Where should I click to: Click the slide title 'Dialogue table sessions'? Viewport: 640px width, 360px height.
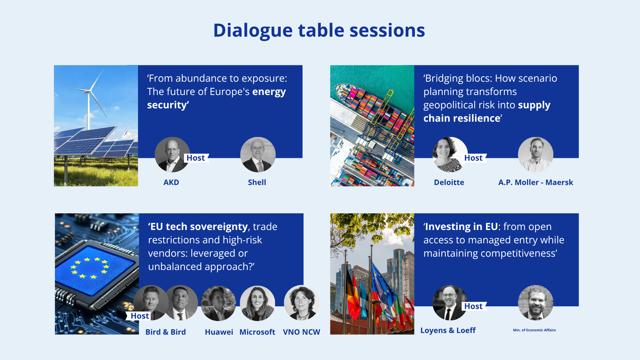(x=319, y=31)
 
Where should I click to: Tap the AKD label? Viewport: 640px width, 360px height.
(x=171, y=182)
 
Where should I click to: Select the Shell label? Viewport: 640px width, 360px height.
(x=257, y=182)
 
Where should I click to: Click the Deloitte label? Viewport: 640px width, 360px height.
(x=449, y=182)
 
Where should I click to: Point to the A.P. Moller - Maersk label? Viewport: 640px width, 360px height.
(x=536, y=182)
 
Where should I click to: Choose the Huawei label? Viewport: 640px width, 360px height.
(x=219, y=332)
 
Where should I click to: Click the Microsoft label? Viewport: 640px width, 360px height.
(x=257, y=332)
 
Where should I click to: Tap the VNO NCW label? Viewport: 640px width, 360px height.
(x=302, y=332)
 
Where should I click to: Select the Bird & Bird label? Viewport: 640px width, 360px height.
(x=166, y=332)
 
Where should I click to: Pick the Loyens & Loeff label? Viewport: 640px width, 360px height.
(x=448, y=330)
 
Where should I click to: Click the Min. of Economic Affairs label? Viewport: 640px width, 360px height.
(x=534, y=330)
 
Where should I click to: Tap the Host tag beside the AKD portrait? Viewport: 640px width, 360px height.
(x=196, y=158)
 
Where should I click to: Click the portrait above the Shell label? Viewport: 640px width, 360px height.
(x=258, y=155)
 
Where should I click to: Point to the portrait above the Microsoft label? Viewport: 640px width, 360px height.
(x=258, y=303)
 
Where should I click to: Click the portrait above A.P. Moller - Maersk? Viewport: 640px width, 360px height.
(x=536, y=155)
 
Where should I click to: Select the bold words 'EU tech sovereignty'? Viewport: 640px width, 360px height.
(x=199, y=227)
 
